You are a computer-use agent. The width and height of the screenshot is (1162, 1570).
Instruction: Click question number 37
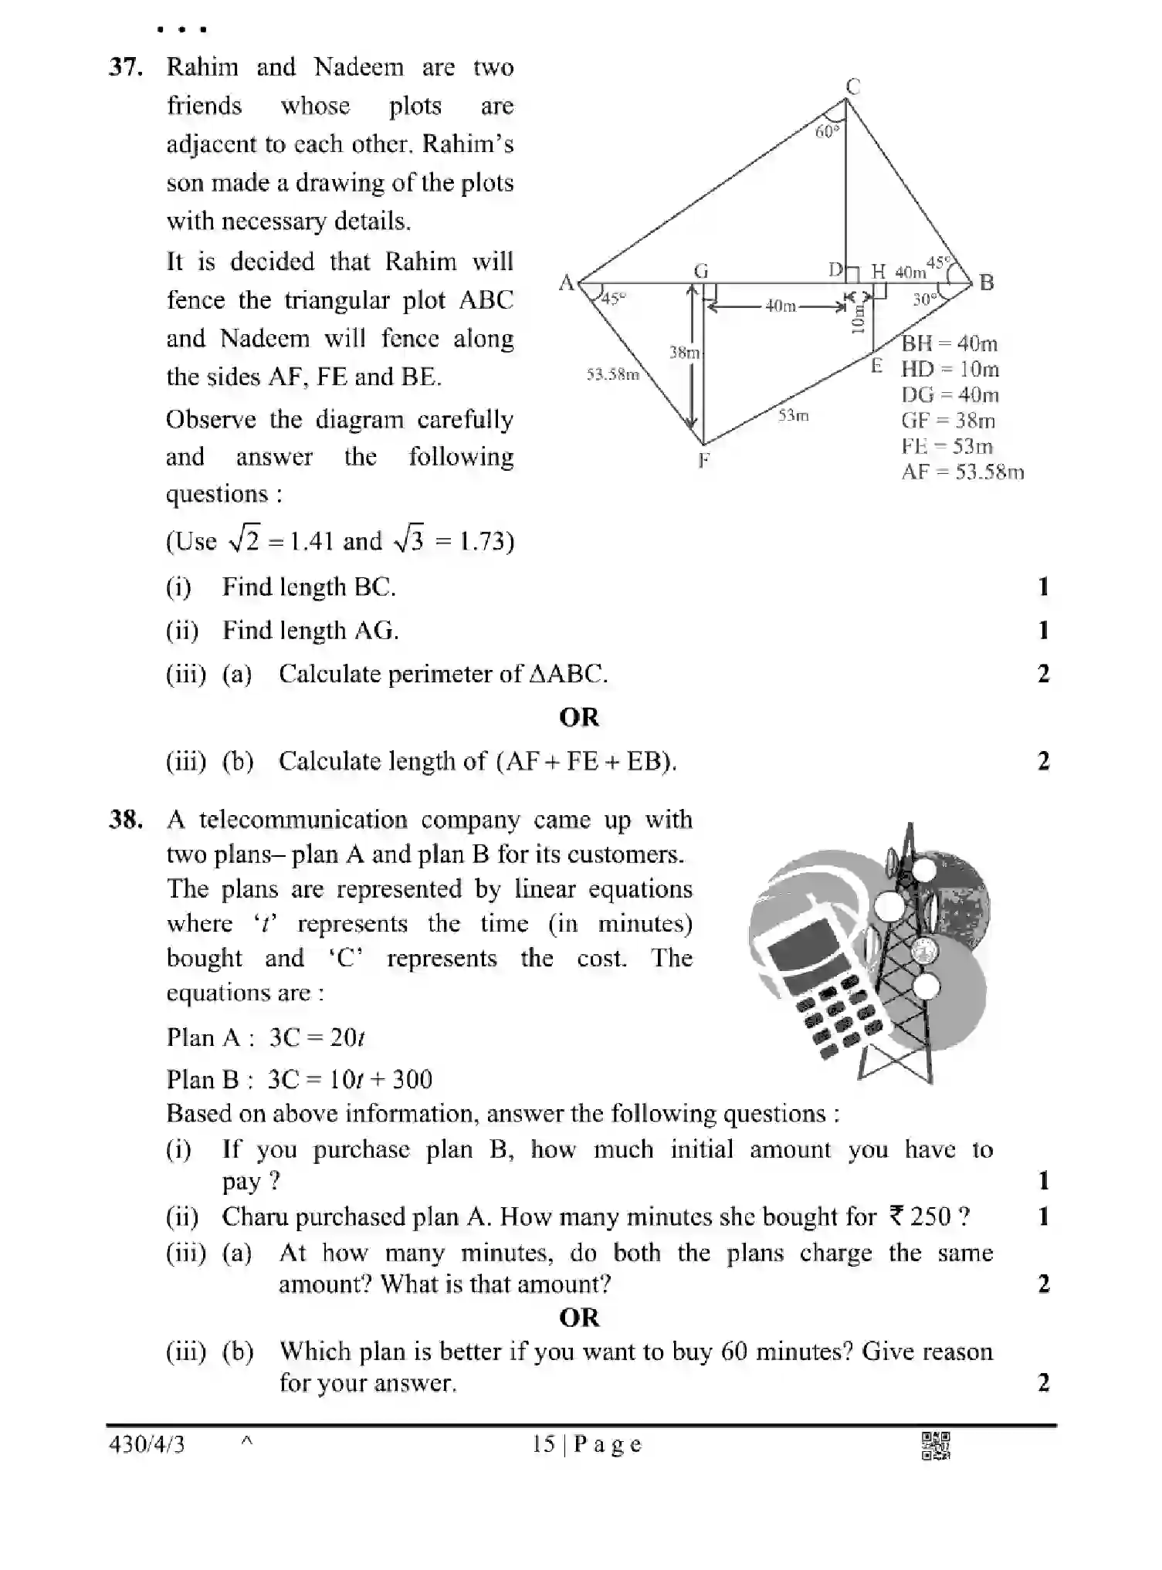pyautogui.click(x=125, y=68)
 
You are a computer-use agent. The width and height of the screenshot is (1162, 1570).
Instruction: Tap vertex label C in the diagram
pyautogui.click(x=852, y=86)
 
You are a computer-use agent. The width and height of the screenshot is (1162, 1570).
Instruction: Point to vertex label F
pyautogui.click(x=703, y=461)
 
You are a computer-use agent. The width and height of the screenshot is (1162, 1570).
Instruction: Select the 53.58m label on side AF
pyautogui.click(x=612, y=375)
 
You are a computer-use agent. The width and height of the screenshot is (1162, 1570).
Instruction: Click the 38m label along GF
pyautogui.click(x=683, y=353)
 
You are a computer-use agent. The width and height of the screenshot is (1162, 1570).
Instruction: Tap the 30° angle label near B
pyautogui.click(x=924, y=299)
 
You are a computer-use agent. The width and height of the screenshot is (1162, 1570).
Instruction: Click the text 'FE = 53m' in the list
pyautogui.click(x=947, y=446)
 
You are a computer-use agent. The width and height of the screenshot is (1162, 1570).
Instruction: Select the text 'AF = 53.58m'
pyautogui.click(x=962, y=472)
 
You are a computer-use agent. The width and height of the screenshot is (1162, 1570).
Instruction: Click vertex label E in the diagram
pyautogui.click(x=876, y=366)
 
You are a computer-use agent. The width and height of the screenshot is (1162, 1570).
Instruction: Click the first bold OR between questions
pyautogui.click(x=579, y=717)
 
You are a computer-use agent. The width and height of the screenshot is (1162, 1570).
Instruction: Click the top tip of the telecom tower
pyautogui.click(x=910, y=827)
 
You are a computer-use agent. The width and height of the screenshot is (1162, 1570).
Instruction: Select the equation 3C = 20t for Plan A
pyautogui.click(x=317, y=1037)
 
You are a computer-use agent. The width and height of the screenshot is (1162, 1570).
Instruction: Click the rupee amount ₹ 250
pyautogui.click(x=920, y=1217)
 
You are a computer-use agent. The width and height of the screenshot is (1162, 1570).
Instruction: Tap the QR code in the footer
pyautogui.click(x=936, y=1446)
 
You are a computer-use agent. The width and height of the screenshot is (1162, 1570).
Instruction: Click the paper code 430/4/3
pyautogui.click(x=147, y=1445)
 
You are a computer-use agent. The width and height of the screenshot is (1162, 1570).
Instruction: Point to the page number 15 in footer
pyautogui.click(x=543, y=1445)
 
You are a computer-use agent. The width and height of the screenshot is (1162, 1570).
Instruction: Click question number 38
pyautogui.click(x=125, y=820)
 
